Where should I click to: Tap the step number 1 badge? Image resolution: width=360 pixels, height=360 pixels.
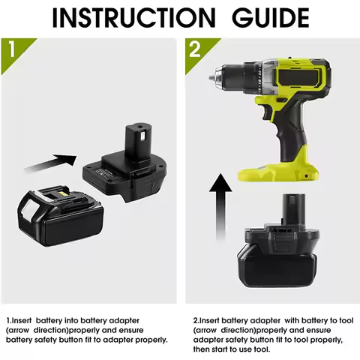click(10, 49)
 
